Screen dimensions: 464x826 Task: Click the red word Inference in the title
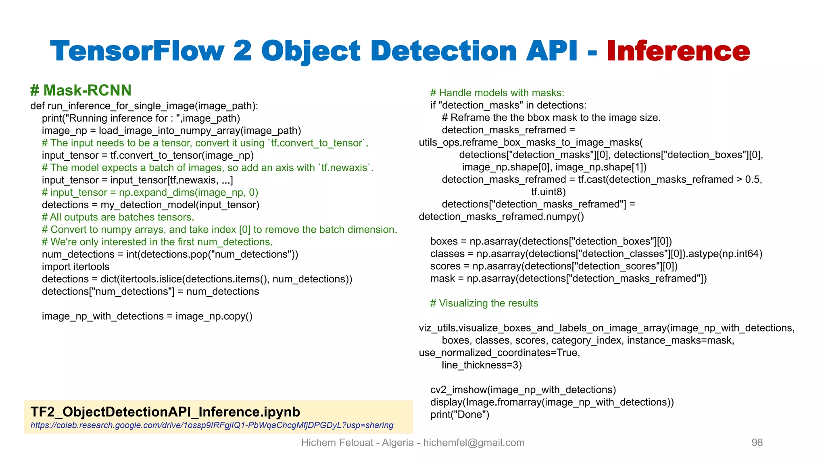[678, 51]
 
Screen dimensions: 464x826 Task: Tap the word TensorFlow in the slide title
[137, 51]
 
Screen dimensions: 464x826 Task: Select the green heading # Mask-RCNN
[81, 90]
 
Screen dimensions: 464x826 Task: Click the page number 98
[757, 443]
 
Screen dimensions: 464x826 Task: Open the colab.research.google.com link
[212, 425]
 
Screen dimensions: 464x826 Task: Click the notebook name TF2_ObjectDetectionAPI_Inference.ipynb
[165, 412]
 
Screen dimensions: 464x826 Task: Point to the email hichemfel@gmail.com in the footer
[473, 443]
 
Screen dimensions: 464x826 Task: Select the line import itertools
[75, 267]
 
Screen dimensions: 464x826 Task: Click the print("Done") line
[459, 414]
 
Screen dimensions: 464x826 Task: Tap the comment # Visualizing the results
[484, 303]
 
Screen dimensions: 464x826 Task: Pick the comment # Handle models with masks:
[497, 93]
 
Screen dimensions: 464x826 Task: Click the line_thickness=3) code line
[482, 365]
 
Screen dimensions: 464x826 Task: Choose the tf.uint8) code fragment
[549, 192]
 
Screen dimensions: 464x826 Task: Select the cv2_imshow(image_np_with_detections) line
[523, 389]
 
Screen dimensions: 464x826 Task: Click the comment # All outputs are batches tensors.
[118, 217]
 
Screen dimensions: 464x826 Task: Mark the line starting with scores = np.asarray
[554, 266]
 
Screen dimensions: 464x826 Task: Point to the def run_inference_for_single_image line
[144, 106]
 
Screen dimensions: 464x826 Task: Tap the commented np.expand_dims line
[150, 193]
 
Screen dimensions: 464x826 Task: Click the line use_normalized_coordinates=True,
[499, 353]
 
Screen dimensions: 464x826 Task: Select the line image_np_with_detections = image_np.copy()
[147, 316]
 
